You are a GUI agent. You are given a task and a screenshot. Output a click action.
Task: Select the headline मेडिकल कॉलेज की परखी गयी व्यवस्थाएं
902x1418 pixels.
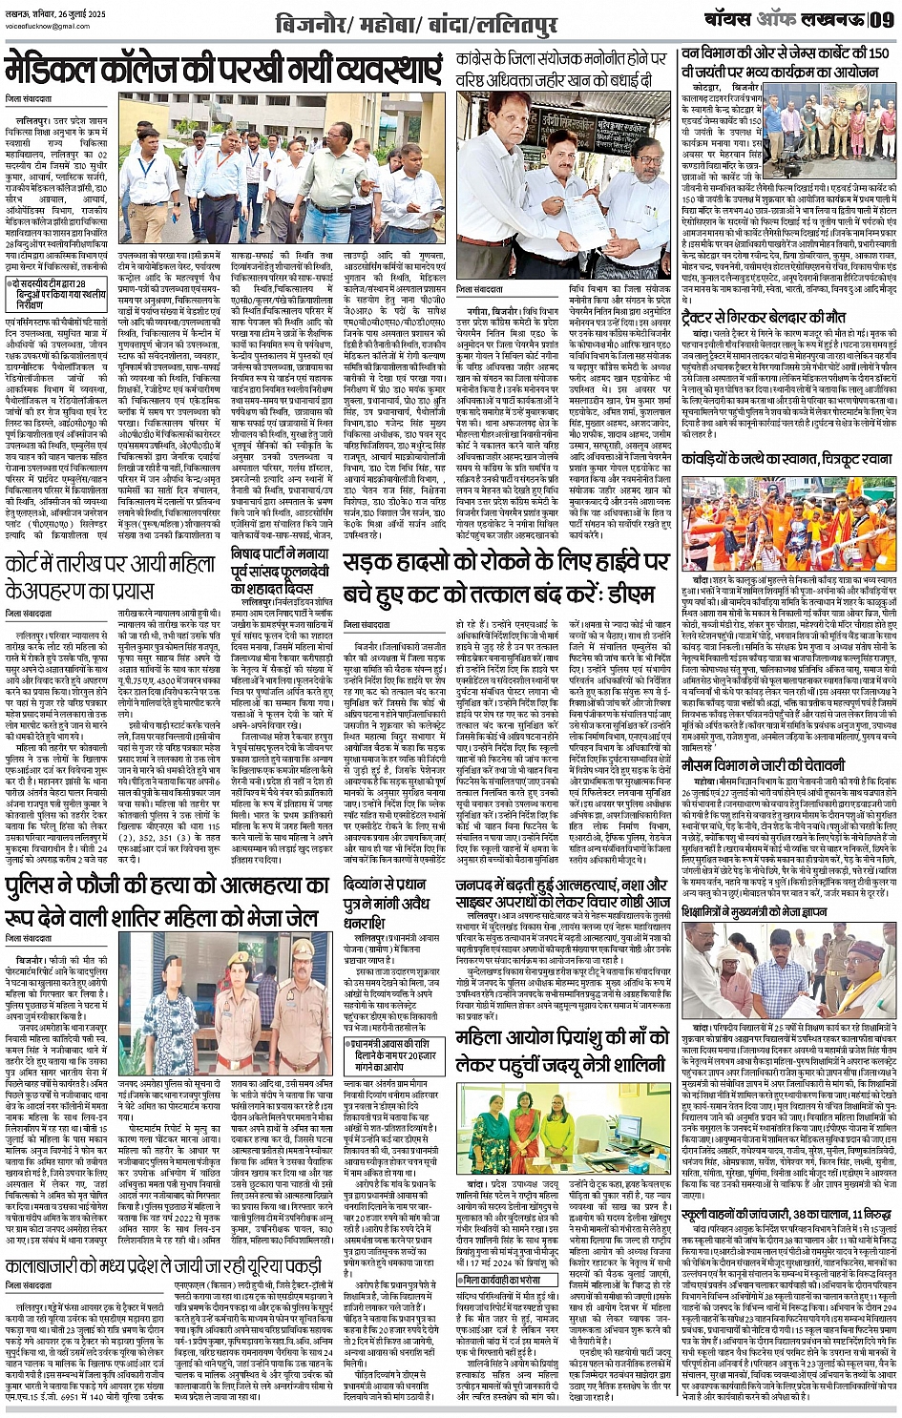224,73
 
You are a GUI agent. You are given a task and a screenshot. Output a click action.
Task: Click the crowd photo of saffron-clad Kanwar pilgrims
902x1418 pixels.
788,524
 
